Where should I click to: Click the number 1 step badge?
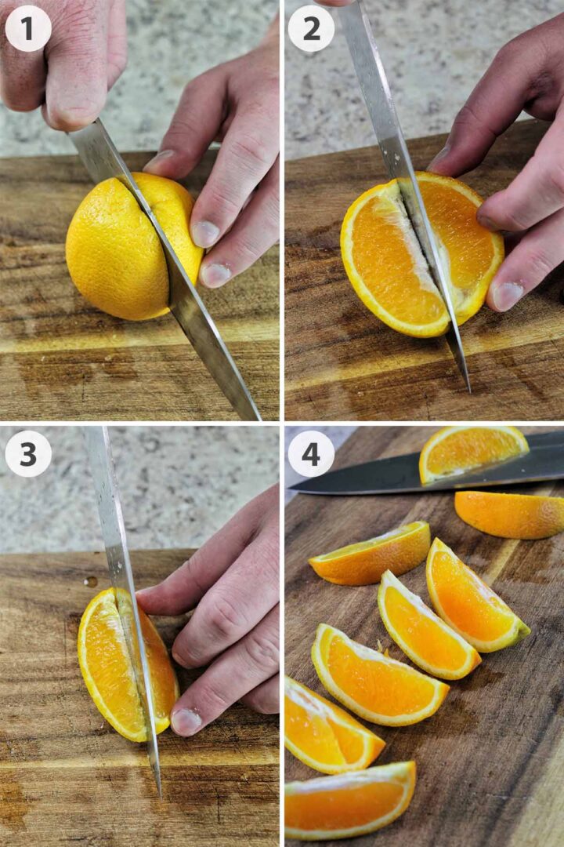[x=28, y=28]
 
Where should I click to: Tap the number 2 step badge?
[x=311, y=28]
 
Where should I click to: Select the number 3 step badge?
[x=28, y=453]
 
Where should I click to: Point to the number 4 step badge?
[x=311, y=453]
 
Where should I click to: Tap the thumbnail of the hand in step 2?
[x=507, y=296]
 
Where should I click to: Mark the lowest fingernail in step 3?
[x=186, y=721]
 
